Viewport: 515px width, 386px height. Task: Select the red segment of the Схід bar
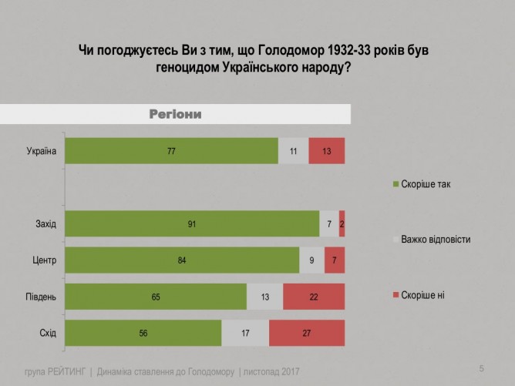click(307, 334)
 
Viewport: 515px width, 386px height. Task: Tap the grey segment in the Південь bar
click(264, 297)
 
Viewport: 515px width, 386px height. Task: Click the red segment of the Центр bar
click(335, 260)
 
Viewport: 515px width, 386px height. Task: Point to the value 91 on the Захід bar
click(192, 223)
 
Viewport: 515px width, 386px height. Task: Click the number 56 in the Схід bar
click(143, 334)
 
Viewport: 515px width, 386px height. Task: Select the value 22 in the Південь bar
click(314, 297)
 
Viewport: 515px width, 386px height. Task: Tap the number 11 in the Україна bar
click(293, 151)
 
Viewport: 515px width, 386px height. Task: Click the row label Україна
click(42, 151)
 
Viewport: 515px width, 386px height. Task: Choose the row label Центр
click(45, 260)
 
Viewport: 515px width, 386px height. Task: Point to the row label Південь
click(41, 297)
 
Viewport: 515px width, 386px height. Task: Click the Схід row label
click(48, 334)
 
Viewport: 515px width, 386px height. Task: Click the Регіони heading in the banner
click(175, 114)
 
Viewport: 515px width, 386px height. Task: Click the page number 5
click(482, 368)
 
